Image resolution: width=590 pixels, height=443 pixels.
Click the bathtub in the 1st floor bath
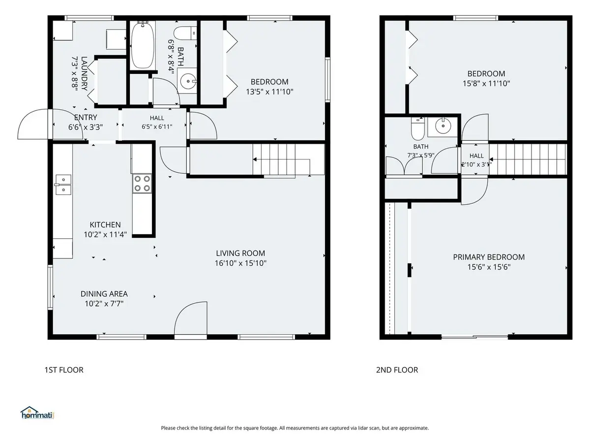(143, 45)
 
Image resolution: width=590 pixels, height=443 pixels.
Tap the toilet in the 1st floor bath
(185, 33)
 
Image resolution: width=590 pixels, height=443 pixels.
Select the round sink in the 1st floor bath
(188, 81)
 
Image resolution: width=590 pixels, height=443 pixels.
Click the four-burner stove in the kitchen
(142, 183)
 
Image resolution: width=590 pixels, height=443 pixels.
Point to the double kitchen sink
(63, 185)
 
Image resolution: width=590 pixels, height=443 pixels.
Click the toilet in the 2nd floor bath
(417, 128)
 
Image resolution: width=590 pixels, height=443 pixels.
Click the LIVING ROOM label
(240, 253)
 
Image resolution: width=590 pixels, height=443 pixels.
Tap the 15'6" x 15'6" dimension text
(489, 267)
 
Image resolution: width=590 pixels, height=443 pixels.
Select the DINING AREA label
(104, 294)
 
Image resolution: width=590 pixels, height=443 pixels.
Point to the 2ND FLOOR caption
(397, 370)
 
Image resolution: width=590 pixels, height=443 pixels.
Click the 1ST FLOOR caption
(64, 370)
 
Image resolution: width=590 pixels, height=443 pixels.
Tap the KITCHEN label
(105, 224)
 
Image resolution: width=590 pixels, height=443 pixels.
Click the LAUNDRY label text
(84, 73)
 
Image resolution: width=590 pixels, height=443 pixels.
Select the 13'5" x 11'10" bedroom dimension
(269, 92)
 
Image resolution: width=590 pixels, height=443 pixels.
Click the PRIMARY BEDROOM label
(489, 257)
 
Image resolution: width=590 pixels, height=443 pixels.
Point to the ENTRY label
(86, 117)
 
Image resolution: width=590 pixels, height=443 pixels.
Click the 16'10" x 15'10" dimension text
(240, 263)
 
